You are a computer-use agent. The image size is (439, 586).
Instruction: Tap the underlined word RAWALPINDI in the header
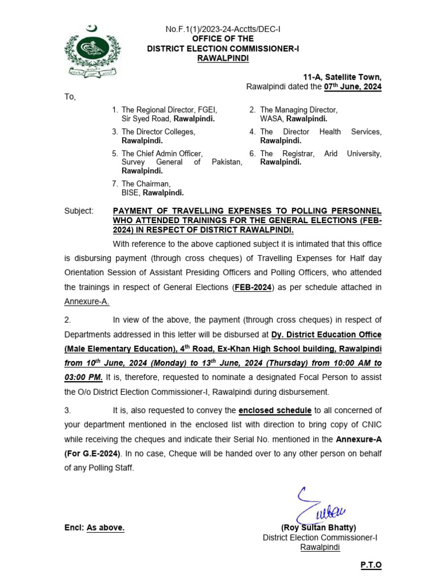point(222,58)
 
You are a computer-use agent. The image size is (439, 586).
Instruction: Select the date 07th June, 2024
point(353,87)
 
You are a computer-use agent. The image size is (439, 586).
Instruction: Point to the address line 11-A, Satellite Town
point(342,77)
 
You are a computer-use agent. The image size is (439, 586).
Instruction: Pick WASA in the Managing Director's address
point(272,119)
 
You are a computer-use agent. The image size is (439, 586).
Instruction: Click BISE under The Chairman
point(130,193)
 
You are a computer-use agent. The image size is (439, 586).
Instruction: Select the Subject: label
point(79,211)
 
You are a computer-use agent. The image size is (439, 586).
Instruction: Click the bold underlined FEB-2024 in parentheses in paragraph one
point(252,287)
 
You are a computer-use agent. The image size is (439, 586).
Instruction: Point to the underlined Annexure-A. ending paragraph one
point(87,302)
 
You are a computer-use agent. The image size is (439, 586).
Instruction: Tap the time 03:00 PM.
point(83,377)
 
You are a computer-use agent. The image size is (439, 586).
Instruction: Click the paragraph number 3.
point(67,410)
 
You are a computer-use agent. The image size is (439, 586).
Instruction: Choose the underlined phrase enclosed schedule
point(275,410)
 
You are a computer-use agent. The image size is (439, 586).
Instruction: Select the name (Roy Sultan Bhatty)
point(318,528)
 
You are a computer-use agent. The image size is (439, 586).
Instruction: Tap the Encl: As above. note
point(94,528)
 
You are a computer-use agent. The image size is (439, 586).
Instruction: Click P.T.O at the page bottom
point(370,565)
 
